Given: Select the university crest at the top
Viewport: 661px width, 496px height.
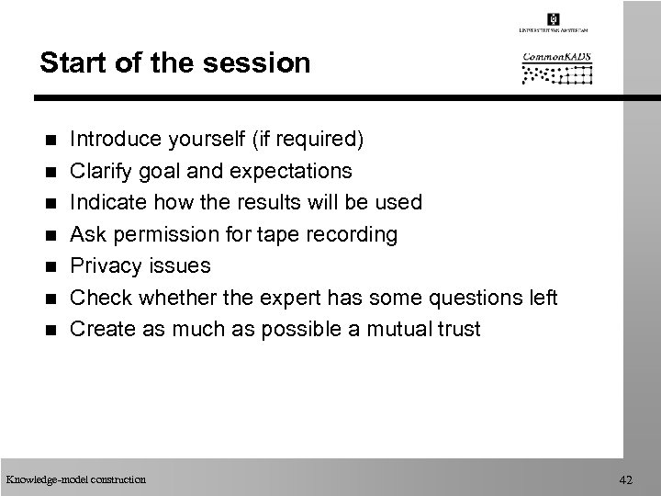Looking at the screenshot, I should [553, 20].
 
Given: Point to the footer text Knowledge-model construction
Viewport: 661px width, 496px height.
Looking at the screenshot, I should [75, 478].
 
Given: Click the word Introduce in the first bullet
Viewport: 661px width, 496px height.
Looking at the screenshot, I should [116, 141].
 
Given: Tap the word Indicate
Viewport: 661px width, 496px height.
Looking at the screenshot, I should [108, 202].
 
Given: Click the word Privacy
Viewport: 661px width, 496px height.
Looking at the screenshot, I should [104, 265].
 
